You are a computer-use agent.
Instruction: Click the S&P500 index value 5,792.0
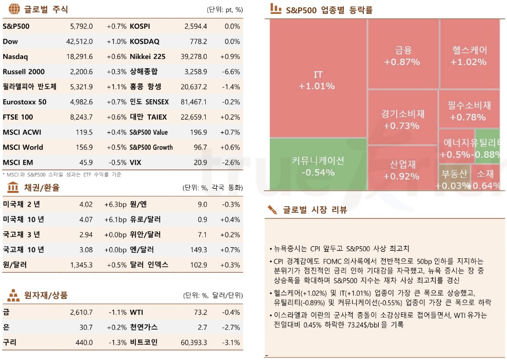pos(81,26)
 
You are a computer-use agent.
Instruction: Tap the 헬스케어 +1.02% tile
pos(469,56)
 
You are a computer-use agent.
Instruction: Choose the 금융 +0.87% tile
pos(402,56)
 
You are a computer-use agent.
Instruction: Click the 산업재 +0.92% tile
pos(401,170)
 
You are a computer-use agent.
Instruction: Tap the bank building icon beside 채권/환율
pos(14,187)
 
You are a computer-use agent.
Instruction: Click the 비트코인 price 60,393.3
pos(191,342)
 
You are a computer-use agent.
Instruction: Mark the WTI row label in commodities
pos(136,312)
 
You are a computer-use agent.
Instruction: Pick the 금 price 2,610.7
pos(81,312)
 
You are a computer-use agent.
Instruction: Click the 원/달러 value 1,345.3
pos(81,265)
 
